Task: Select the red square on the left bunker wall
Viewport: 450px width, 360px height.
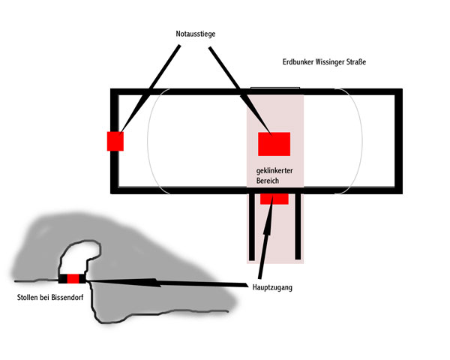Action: (115, 141)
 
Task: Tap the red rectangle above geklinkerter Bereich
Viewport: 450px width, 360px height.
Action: (274, 143)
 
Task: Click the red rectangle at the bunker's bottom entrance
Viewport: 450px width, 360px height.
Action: (274, 199)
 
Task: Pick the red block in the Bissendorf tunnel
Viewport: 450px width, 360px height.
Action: (73, 279)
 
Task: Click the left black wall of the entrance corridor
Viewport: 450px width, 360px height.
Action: (251, 224)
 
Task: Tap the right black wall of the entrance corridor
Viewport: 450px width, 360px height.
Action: (298, 224)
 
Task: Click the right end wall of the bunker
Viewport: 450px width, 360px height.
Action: (398, 141)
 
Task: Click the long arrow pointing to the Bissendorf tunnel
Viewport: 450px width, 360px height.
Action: (165, 282)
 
